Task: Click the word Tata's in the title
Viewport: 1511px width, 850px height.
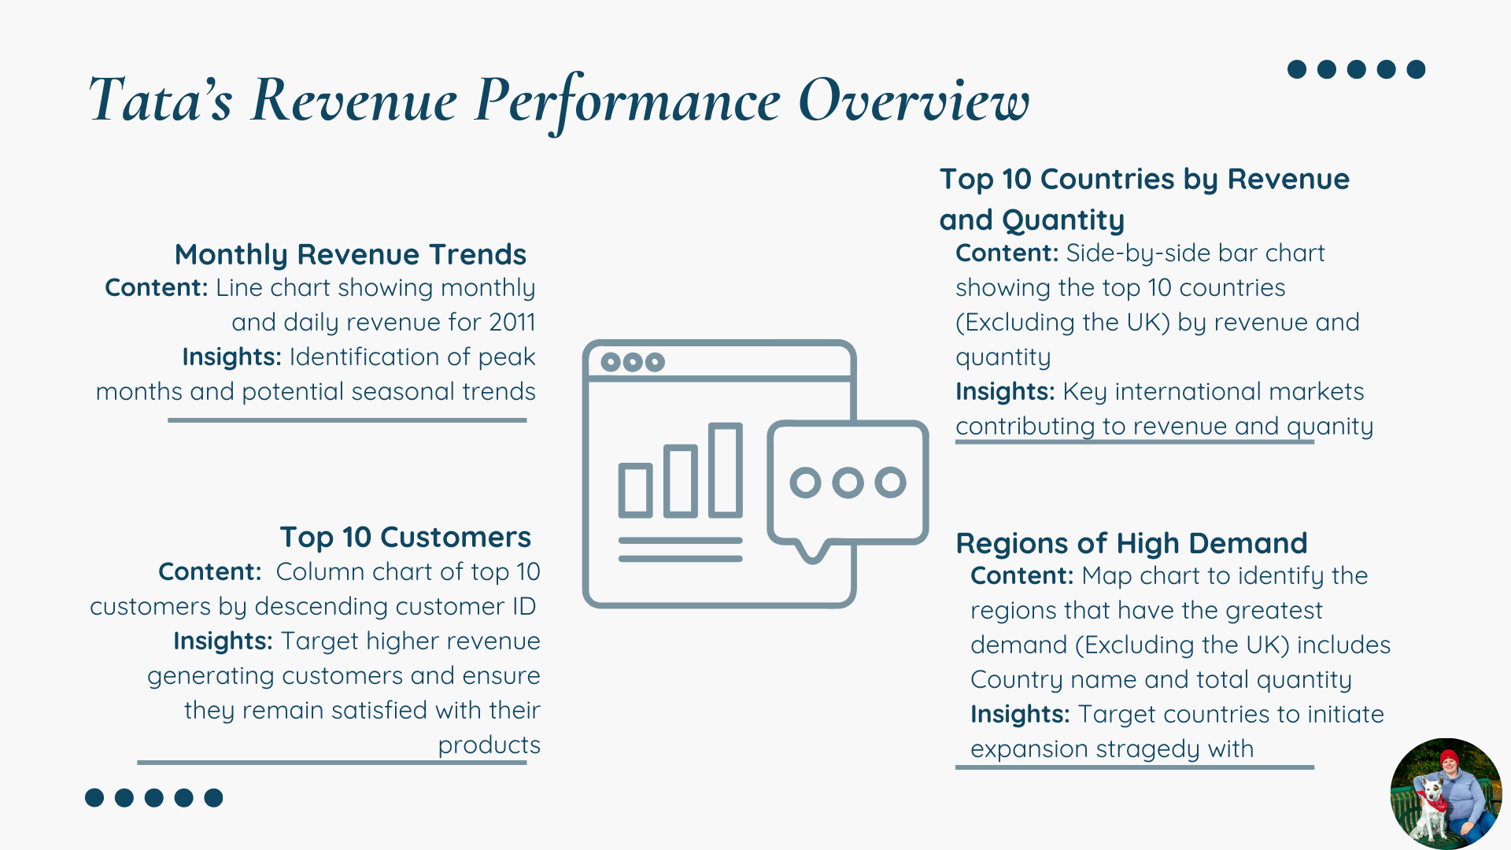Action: pyautogui.click(x=161, y=100)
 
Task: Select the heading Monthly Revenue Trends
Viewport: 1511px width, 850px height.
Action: pyautogui.click(x=350, y=254)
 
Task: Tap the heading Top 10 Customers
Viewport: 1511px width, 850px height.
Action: pyautogui.click(x=405, y=538)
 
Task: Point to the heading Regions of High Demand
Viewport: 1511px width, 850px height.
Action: pyautogui.click(x=1131, y=543)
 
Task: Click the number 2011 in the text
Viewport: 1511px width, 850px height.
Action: pyautogui.click(x=512, y=322)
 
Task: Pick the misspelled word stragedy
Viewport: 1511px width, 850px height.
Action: pyautogui.click(x=1144, y=749)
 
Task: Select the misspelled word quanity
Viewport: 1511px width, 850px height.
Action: pyautogui.click(x=1330, y=427)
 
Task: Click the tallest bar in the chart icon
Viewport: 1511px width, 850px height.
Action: pyautogui.click(x=725, y=470)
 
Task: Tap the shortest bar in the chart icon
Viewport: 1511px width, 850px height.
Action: pyautogui.click(x=635, y=490)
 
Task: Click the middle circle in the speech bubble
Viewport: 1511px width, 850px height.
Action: pyautogui.click(x=848, y=482)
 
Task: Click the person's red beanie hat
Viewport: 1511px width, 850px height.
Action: pyautogui.click(x=1449, y=757)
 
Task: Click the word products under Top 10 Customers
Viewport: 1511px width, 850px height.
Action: pyautogui.click(x=489, y=745)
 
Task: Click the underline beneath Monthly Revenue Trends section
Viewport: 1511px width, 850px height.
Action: pyautogui.click(x=347, y=420)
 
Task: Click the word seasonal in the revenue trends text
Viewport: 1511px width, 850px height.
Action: pyautogui.click(x=402, y=392)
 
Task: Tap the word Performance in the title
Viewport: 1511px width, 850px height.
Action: pyautogui.click(x=627, y=102)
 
